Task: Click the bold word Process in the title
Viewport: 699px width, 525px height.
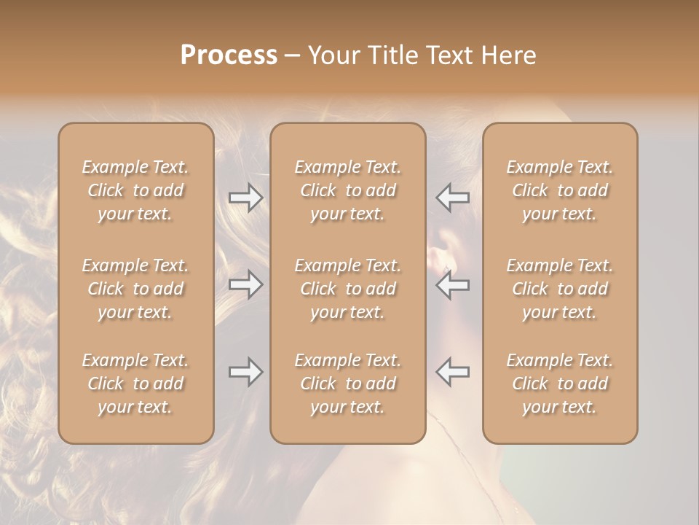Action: point(229,55)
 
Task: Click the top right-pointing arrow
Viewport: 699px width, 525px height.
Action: point(245,198)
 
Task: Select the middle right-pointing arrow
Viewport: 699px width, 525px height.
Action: point(245,284)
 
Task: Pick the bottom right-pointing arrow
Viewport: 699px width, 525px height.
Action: point(245,372)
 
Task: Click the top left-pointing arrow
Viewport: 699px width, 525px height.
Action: point(453,198)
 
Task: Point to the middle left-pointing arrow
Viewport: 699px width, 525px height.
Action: point(453,284)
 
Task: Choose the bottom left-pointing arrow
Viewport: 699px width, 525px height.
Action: point(453,372)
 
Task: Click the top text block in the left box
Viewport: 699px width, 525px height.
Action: point(135,190)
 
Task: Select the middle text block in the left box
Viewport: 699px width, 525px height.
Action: point(135,289)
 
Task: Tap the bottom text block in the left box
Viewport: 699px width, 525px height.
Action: point(135,384)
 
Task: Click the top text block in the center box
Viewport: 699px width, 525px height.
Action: point(347,190)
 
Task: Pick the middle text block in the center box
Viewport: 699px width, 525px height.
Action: point(347,289)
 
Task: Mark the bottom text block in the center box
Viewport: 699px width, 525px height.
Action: point(347,384)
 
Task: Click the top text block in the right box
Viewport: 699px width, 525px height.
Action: point(560,190)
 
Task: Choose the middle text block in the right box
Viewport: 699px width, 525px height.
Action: point(560,289)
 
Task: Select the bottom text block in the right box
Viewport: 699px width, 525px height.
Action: point(560,384)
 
